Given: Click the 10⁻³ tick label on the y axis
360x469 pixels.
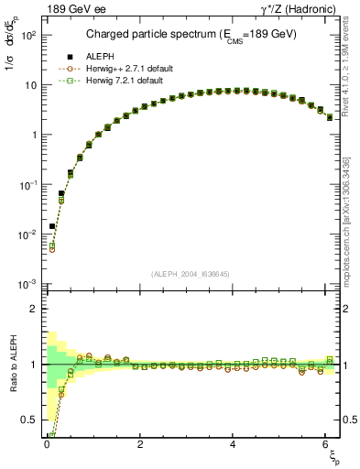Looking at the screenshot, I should (27, 284).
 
